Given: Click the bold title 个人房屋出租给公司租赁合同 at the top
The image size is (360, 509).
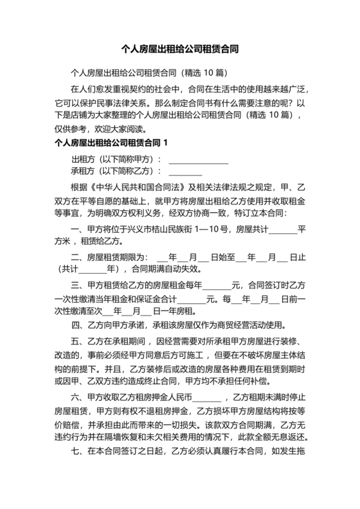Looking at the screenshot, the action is (x=179, y=48).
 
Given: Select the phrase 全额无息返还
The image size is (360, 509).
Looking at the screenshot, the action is (x=276, y=437).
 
